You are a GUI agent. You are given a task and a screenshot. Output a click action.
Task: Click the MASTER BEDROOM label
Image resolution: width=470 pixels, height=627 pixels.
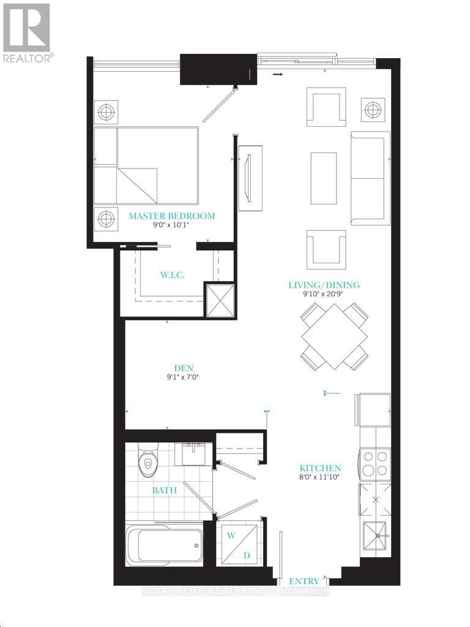click(x=171, y=216)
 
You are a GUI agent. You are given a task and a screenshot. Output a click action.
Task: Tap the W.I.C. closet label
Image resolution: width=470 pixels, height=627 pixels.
click(x=172, y=275)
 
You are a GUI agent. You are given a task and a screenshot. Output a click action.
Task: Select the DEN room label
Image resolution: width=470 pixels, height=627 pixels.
click(x=184, y=368)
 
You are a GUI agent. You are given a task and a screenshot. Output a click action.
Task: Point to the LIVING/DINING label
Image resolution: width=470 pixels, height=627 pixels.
click(x=324, y=285)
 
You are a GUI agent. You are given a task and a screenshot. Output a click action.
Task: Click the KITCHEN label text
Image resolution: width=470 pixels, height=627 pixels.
click(x=321, y=468)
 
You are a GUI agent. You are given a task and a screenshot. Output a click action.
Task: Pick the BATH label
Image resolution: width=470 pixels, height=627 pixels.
click(x=165, y=490)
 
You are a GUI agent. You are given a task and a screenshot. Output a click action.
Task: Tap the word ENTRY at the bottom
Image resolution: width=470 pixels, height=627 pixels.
click(x=304, y=581)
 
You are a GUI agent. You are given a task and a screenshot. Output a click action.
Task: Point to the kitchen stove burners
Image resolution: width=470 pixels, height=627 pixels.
click(x=375, y=463)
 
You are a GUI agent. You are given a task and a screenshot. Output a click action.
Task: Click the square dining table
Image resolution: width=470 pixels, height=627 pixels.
click(x=334, y=337)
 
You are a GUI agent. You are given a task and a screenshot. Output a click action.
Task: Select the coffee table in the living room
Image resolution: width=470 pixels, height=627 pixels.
click(x=324, y=178)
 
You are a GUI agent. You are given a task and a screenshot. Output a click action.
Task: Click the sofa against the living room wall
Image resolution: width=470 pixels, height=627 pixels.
click(x=369, y=178)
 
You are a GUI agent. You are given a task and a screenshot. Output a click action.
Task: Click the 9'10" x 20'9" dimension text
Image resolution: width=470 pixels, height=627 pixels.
click(x=324, y=295)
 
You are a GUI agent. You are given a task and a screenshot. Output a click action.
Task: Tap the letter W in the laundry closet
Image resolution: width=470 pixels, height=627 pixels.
click(x=231, y=536)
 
